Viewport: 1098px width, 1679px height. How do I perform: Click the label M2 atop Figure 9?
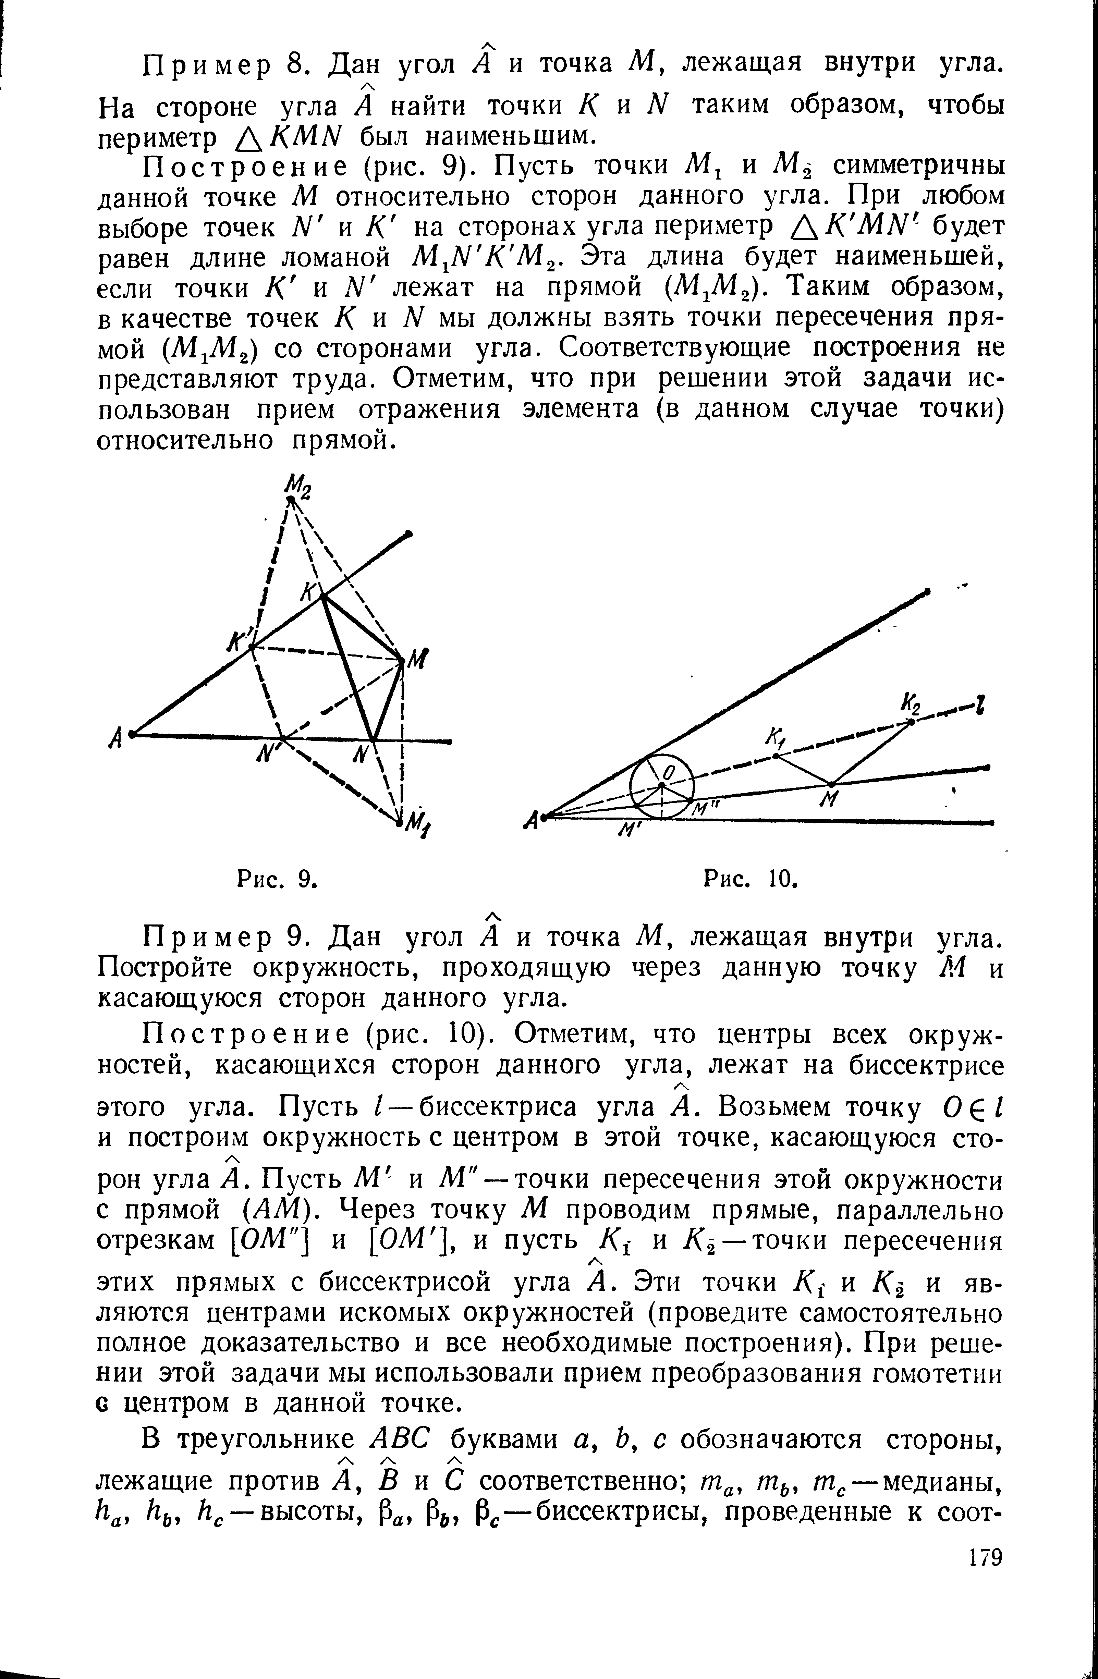point(291,485)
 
